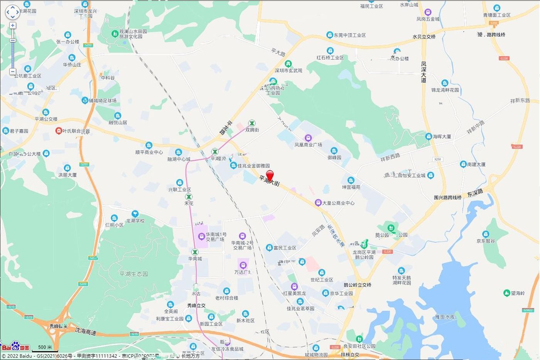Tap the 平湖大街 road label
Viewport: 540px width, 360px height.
click(269, 181)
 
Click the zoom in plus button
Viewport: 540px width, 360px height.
click(13, 25)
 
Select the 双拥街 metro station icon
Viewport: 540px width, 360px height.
click(252, 123)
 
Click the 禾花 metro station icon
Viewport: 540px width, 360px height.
click(189, 197)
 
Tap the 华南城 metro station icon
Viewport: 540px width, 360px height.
click(195, 252)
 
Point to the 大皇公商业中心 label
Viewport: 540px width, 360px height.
click(338, 203)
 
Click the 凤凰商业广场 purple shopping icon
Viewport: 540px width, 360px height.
click(308, 138)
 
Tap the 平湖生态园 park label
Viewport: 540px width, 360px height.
click(133, 274)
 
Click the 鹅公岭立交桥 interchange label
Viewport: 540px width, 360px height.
click(357, 285)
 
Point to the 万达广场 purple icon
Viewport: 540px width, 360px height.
click(243, 265)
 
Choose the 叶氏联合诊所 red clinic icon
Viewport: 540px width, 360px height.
click(59, 131)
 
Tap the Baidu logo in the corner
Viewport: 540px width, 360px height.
click(15, 346)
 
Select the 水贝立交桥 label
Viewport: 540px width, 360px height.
click(424, 37)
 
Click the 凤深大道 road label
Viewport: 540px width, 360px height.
click(424, 72)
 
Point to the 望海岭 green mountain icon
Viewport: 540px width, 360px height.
click(507, 293)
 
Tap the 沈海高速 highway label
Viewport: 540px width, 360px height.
click(86, 331)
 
